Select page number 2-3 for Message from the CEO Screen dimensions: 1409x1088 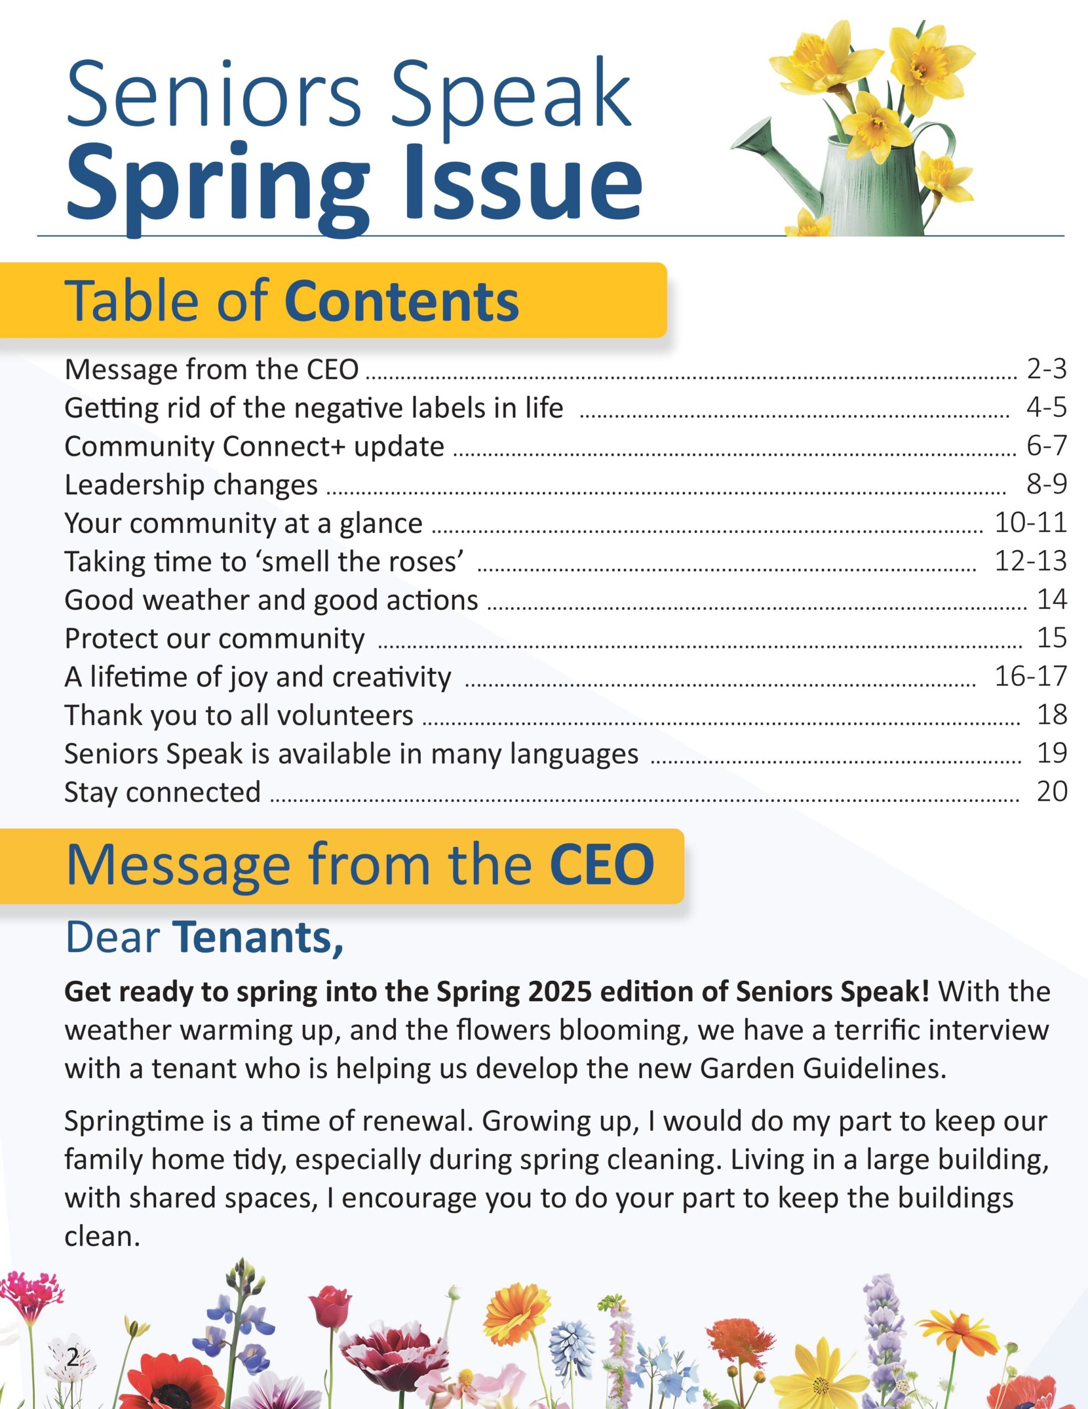(1046, 369)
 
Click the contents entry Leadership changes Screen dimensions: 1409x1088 (191, 484)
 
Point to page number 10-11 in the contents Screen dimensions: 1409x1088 (1031, 522)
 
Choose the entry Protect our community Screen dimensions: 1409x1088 (214, 638)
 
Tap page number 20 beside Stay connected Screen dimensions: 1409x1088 (1051, 791)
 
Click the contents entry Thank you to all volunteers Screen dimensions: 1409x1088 (239, 715)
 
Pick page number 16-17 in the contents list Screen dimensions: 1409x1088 (1031, 676)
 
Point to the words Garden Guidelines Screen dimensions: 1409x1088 (823, 1068)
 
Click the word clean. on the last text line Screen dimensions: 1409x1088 (102, 1236)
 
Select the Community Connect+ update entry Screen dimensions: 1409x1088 (254, 446)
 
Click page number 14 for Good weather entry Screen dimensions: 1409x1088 (1051, 599)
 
